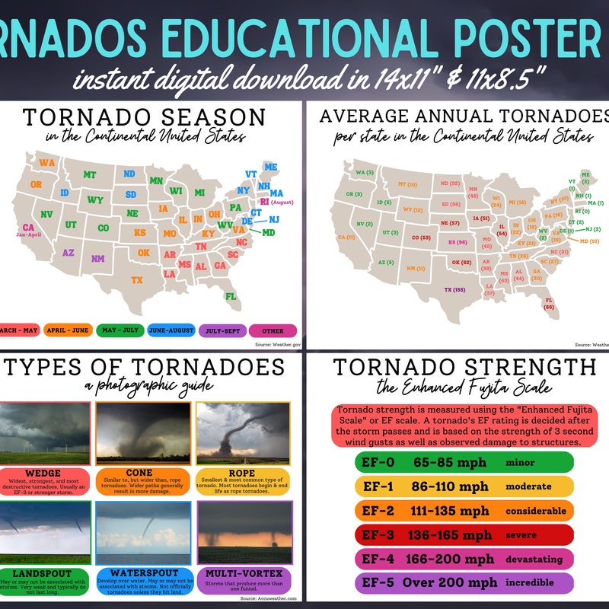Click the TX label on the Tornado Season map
(x=137, y=280)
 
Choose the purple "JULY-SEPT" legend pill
(x=221, y=331)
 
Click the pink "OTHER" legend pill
(x=272, y=331)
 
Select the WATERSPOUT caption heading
(x=144, y=572)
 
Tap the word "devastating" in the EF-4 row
(x=533, y=560)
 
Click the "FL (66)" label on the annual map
(x=548, y=304)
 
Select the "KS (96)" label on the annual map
(x=457, y=242)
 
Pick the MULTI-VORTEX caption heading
(x=243, y=572)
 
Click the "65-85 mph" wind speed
(x=443, y=462)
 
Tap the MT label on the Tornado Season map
(x=90, y=175)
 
